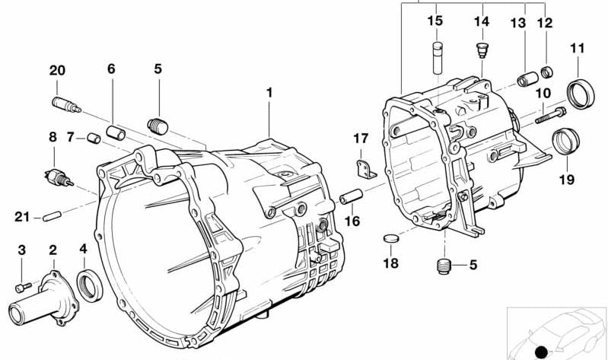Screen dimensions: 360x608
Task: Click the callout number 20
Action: click(x=57, y=71)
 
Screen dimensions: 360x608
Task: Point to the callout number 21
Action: click(x=21, y=218)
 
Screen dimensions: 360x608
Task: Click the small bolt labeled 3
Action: click(x=22, y=287)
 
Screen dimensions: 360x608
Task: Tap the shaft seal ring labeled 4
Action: click(x=88, y=283)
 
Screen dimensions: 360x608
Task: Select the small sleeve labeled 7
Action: click(x=94, y=139)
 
